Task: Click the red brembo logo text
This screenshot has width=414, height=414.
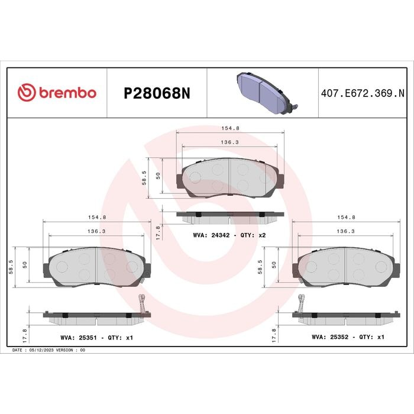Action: (68, 93)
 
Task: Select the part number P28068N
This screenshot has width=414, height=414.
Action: (157, 93)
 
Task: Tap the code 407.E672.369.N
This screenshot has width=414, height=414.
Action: (363, 93)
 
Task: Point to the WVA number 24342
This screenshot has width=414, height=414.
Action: (221, 235)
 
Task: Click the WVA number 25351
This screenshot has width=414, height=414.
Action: (88, 338)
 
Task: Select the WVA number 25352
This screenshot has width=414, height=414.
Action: (339, 337)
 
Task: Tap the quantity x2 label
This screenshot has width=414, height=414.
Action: (262, 235)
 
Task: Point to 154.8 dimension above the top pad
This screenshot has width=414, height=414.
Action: (230, 128)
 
